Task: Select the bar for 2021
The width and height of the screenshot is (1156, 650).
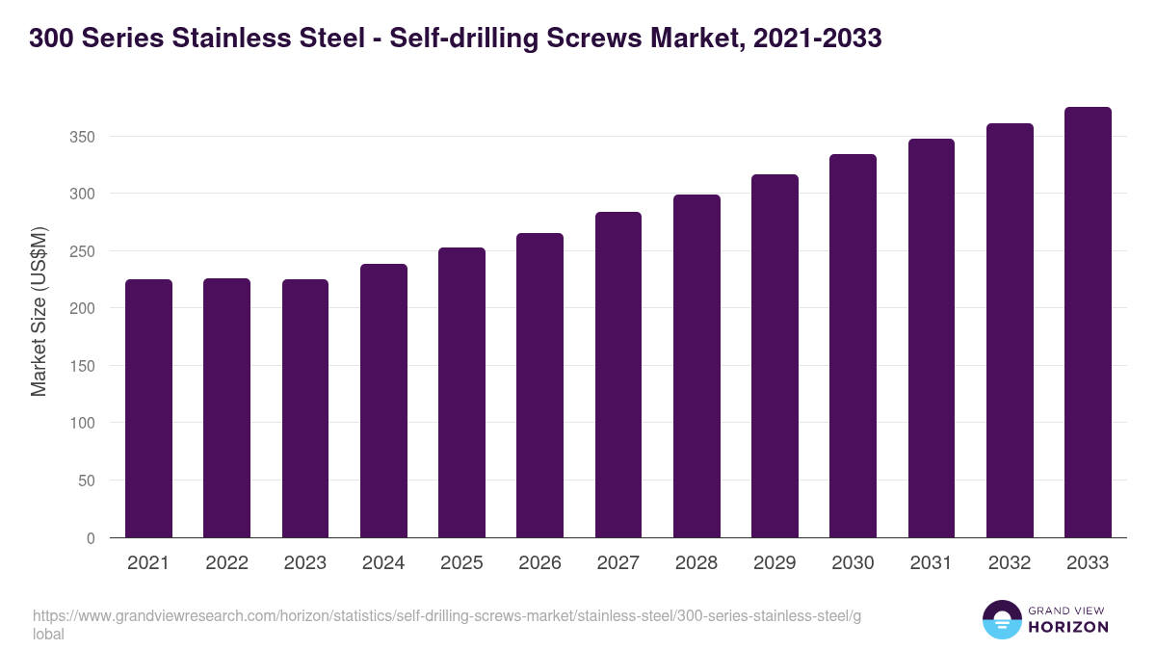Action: [148, 408]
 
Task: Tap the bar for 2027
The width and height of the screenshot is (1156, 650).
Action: [618, 375]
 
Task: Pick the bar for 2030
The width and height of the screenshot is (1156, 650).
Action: [853, 346]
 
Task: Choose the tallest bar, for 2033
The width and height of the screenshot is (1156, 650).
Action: [1088, 323]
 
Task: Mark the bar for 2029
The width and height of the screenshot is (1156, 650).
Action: [775, 356]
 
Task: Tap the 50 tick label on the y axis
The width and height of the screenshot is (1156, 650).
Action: [87, 481]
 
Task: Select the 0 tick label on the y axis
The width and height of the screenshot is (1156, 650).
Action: [91, 538]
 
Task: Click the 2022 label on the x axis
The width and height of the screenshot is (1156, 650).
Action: [226, 563]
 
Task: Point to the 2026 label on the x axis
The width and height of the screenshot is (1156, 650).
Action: [539, 563]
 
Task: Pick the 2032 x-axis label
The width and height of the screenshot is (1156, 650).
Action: [1010, 563]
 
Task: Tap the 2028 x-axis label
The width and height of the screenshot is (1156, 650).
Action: [696, 563]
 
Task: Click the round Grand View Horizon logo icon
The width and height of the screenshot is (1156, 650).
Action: [1001, 619]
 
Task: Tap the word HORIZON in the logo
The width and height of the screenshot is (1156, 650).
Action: [1068, 627]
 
